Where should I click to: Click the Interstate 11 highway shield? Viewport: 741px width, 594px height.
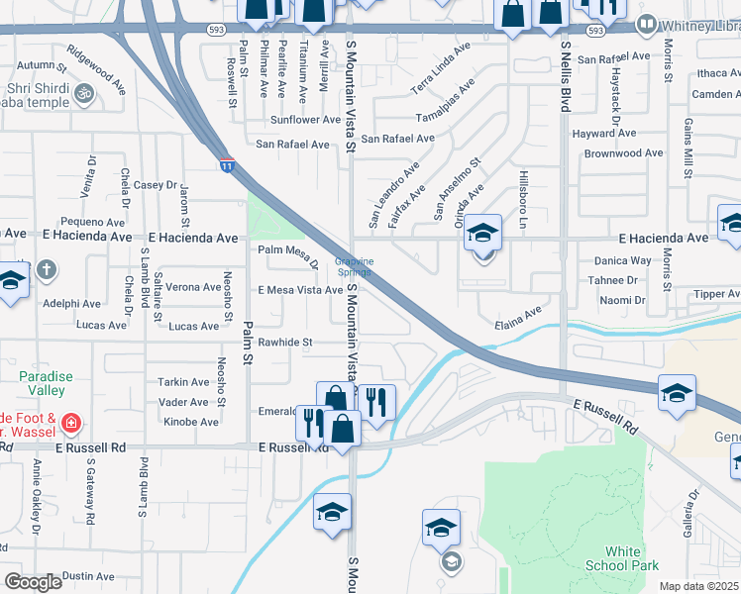point(228,166)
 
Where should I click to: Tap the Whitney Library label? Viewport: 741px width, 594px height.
point(694,22)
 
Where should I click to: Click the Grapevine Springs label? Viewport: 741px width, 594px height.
point(354,266)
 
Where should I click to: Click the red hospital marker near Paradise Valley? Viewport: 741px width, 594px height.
point(70,424)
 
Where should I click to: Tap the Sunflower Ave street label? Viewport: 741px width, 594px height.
point(305,120)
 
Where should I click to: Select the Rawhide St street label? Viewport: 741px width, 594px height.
point(284,343)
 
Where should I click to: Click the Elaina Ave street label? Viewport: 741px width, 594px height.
point(519,317)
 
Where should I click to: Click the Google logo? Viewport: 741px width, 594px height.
point(33,582)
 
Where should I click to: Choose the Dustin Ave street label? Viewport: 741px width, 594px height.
point(88,576)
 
